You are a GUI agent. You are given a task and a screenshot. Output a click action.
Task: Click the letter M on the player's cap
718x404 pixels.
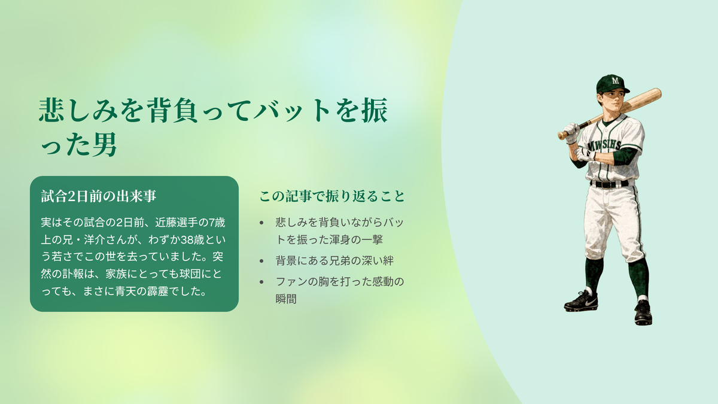point(615,80)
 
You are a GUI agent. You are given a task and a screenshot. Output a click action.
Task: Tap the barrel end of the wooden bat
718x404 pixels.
point(658,93)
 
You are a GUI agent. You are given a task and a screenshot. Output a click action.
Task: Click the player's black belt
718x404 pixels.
point(609,184)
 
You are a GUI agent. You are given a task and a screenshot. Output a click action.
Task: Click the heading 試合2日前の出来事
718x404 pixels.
point(99,196)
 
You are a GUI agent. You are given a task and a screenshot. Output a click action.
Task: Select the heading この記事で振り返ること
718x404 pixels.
point(332,196)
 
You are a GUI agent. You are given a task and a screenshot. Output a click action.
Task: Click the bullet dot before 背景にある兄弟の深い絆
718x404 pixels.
point(261,261)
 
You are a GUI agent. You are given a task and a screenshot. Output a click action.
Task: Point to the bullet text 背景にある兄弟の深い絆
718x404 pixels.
point(334,261)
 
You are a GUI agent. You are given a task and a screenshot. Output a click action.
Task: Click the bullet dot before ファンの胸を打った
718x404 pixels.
point(261,282)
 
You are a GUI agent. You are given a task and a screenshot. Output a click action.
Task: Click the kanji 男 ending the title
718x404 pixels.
point(105,145)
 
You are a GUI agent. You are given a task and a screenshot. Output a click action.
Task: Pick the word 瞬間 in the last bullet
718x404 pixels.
point(286,299)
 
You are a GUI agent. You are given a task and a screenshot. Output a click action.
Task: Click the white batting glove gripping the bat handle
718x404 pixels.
point(571,132)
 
